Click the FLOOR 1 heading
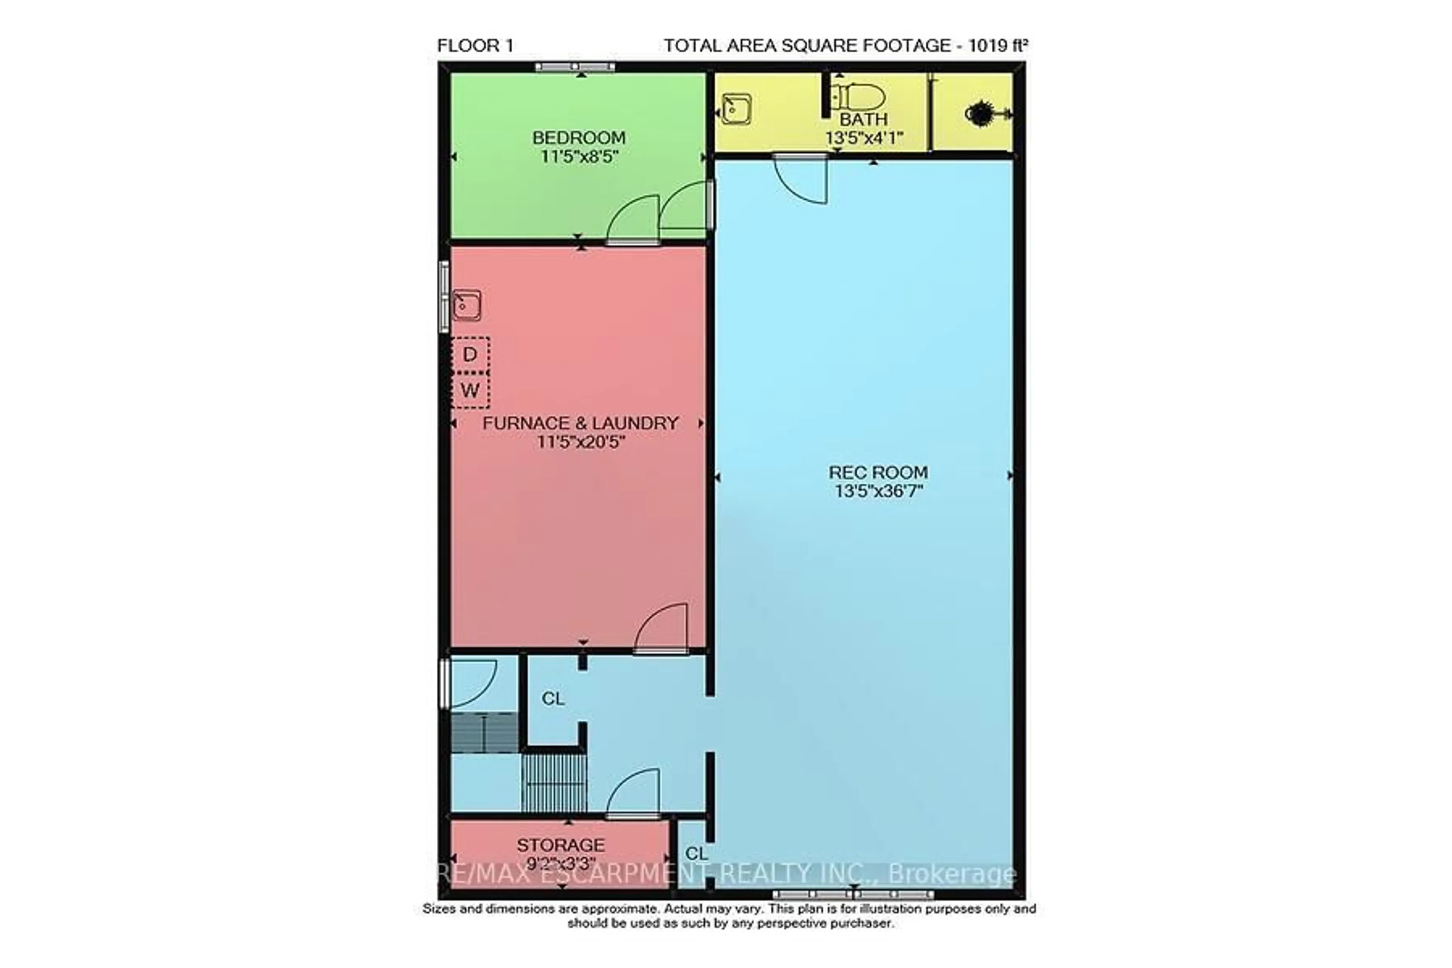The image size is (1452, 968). tap(475, 46)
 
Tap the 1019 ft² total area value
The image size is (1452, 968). tap(997, 46)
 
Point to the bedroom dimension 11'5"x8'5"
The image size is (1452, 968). tap(579, 156)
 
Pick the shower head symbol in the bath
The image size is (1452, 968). tap(979, 113)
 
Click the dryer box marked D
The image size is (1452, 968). tap(470, 354)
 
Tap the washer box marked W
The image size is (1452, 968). tap(470, 390)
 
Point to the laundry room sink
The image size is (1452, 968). tap(467, 305)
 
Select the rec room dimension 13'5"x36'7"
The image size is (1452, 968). tap(878, 492)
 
